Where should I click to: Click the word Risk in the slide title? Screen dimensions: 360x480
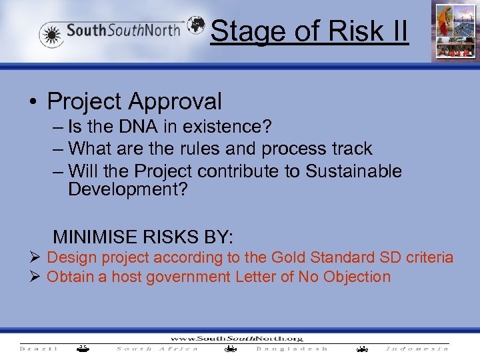347,31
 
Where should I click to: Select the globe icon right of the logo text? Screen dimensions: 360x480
196,25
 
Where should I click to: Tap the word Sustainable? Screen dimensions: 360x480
353,171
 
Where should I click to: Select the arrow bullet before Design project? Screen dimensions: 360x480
37,257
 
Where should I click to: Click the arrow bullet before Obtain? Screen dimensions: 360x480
37,277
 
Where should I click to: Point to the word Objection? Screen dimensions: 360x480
357,277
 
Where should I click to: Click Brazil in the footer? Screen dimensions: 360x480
39,349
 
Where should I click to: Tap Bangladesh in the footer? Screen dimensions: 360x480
291,349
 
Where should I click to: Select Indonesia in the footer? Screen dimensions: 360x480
417,349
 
